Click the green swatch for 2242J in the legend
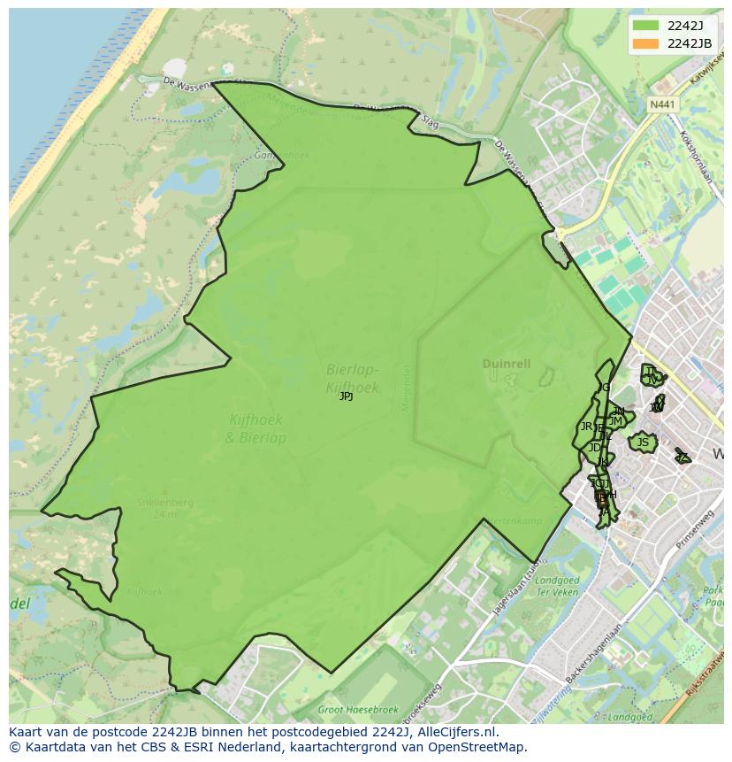(x=645, y=26)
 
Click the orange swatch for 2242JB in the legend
(x=645, y=43)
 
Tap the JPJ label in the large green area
(x=347, y=396)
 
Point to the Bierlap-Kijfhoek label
(x=352, y=378)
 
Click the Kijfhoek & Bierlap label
(x=256, y=429)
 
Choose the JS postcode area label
(x=643, y=442)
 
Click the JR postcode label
(x=586, y=427)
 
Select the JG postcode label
(x=604, y=388)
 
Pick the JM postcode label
(x=615, y=421)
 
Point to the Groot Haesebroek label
(x=358, y=710)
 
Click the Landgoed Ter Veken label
(x=558, y=586)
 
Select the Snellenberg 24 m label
(x=164, y=507)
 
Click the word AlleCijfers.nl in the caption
(x=460, y=732)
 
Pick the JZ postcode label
(x=682, y=457)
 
